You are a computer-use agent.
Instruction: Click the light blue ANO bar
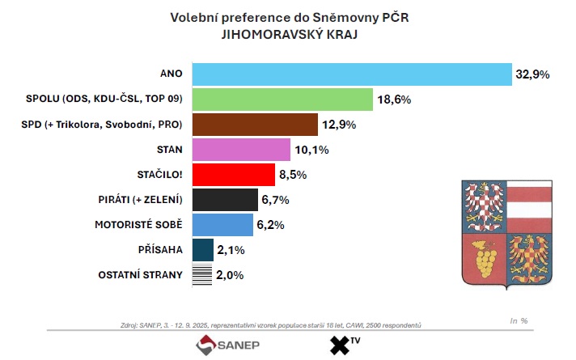click(x=352, y=74)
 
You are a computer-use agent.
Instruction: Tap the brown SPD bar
click(x=254, y=125)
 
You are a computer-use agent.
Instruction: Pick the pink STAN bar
click(x=240, y=150)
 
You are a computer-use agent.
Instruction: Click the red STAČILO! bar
click(x=233, y=175)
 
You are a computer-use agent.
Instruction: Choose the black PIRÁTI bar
click(x=225, y=200)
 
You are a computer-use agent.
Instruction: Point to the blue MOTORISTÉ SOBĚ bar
click(x=222, y=225)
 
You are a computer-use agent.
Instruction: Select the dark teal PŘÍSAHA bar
click(x=202, y=250)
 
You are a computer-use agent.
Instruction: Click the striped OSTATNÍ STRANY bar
click(x=202, y=275)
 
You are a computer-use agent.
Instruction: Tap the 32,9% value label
click(x=532, y=74)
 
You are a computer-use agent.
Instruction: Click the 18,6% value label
click(x=393, y=100)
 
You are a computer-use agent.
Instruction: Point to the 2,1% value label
click(x=231, y=250)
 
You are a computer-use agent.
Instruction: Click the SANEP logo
click(x=227, y=345)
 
